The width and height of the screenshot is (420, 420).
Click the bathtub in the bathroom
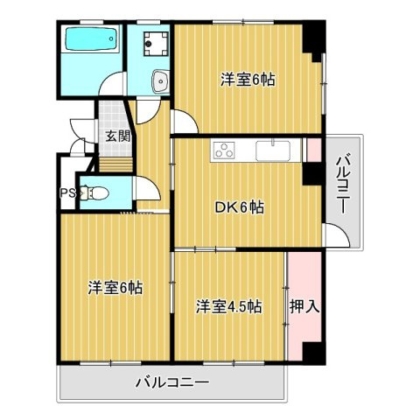(91, 41)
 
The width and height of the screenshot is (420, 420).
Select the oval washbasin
(159, 81)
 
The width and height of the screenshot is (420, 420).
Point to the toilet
(97, 192)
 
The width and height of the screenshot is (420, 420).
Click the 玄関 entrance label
(118, 136)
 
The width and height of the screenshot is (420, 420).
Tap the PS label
(66, 194)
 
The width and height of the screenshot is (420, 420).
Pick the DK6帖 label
(240, 208)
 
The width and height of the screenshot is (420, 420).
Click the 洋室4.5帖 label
(227, 306)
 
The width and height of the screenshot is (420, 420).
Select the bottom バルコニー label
(171, 382)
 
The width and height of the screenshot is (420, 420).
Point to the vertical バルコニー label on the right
(343, 185)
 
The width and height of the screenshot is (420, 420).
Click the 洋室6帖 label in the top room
(246, 80)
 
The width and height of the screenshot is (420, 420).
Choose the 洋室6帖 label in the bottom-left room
(115, 287)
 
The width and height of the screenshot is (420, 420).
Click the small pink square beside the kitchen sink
(313, 150)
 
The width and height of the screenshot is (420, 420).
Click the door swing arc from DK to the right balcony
(333, 234)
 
